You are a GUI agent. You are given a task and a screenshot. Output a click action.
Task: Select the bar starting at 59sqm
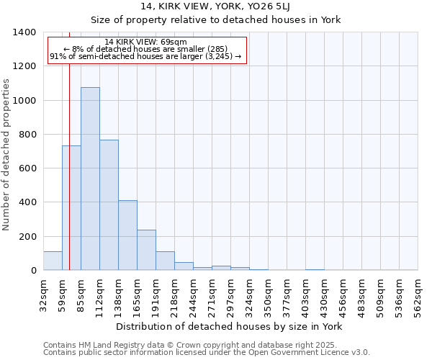point(71,208)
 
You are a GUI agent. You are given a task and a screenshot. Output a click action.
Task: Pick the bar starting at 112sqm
point(109,205)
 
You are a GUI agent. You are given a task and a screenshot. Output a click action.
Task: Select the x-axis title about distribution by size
point(230,326)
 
